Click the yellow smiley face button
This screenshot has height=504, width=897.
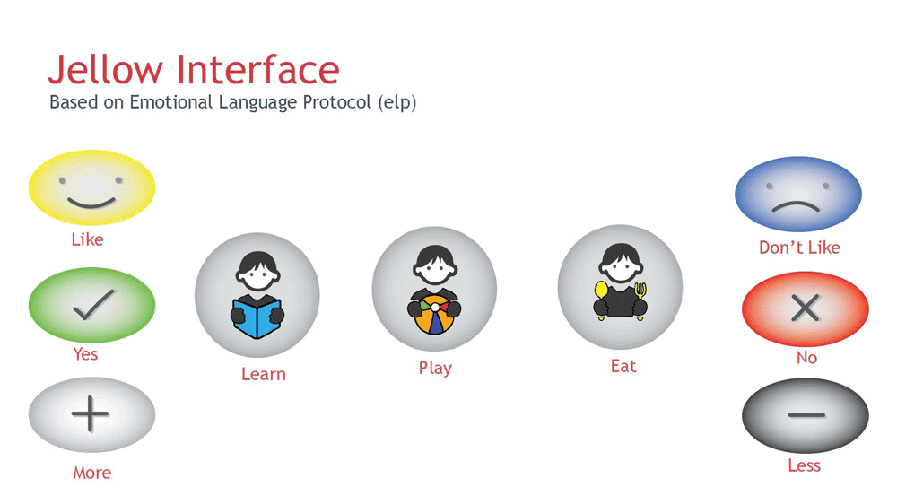(x=91, y=187)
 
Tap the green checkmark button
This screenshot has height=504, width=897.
(x=91, y=305)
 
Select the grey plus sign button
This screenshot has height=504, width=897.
(x=91, y=414)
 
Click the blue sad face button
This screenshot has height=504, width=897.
(x=798, y=194)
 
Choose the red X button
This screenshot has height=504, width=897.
(x=806, y=308)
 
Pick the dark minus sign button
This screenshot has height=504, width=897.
(x=806, y=415)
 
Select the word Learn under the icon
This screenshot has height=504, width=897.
(x=263, y=374)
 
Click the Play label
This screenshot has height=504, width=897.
(x=435, y=368)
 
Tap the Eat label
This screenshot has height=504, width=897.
(x=623, y=366)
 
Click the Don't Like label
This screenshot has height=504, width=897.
(x=799, y=248)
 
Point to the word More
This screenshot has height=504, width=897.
(x=92, y=473)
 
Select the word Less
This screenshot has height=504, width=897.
(x=805, y=465)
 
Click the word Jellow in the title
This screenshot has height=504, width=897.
(x=105, y=70)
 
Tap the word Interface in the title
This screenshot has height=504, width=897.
(x=258, y=70)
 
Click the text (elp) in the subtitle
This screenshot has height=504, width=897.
(x=397, y=102)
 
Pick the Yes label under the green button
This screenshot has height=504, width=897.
(x=85, y=354)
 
